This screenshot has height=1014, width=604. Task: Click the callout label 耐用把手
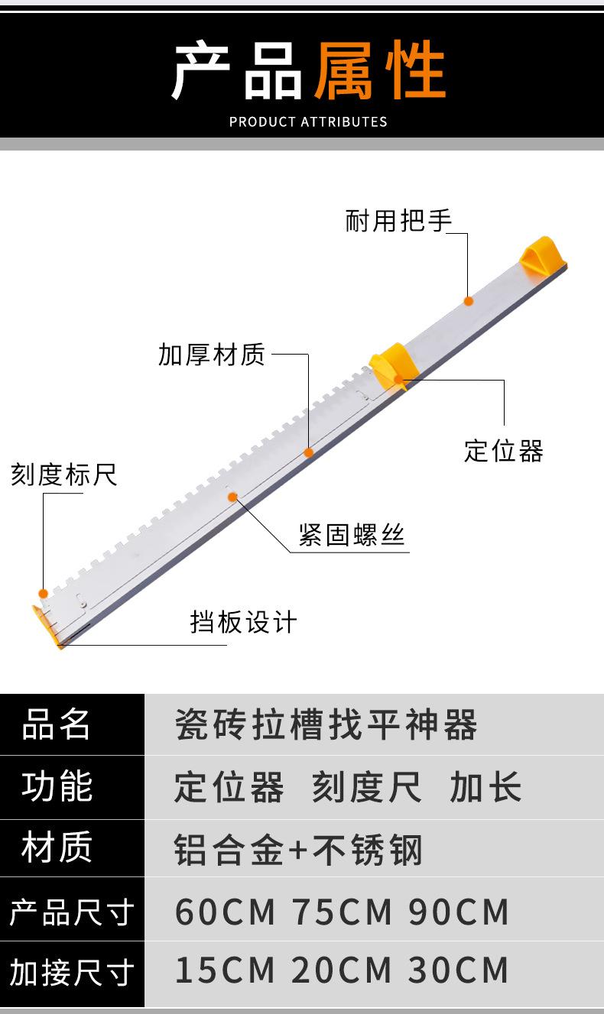tap(398, 222)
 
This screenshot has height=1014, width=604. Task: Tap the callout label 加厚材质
tap(212, 355)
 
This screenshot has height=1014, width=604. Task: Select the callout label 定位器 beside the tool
tap(503, 450)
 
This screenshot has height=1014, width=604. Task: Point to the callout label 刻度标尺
tap(63, 475)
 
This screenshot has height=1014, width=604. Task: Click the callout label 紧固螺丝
tap(351, 534)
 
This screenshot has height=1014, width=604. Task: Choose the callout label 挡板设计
tap(243, 621)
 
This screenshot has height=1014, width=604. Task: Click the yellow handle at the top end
tap(542, 254)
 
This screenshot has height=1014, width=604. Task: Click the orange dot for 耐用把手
tap(469, 301)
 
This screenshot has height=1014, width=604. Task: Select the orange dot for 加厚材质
tap(308, 452)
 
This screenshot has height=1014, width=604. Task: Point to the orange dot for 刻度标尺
tap(44, 593)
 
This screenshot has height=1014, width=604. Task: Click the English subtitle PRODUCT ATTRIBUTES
tap(308, 121)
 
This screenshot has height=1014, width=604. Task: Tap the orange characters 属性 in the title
tap(380, 71)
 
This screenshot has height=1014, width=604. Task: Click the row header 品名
tap(57, 724)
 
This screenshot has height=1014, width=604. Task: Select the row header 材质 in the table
tap(57, 847)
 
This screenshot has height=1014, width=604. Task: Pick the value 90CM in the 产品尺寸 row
tap(459, 911)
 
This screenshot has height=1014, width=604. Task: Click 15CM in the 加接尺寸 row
tap(225, 970)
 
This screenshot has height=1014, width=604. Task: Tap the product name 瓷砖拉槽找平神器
tap(326, 724)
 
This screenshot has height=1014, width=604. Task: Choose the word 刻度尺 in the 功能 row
tap(366, 787)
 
